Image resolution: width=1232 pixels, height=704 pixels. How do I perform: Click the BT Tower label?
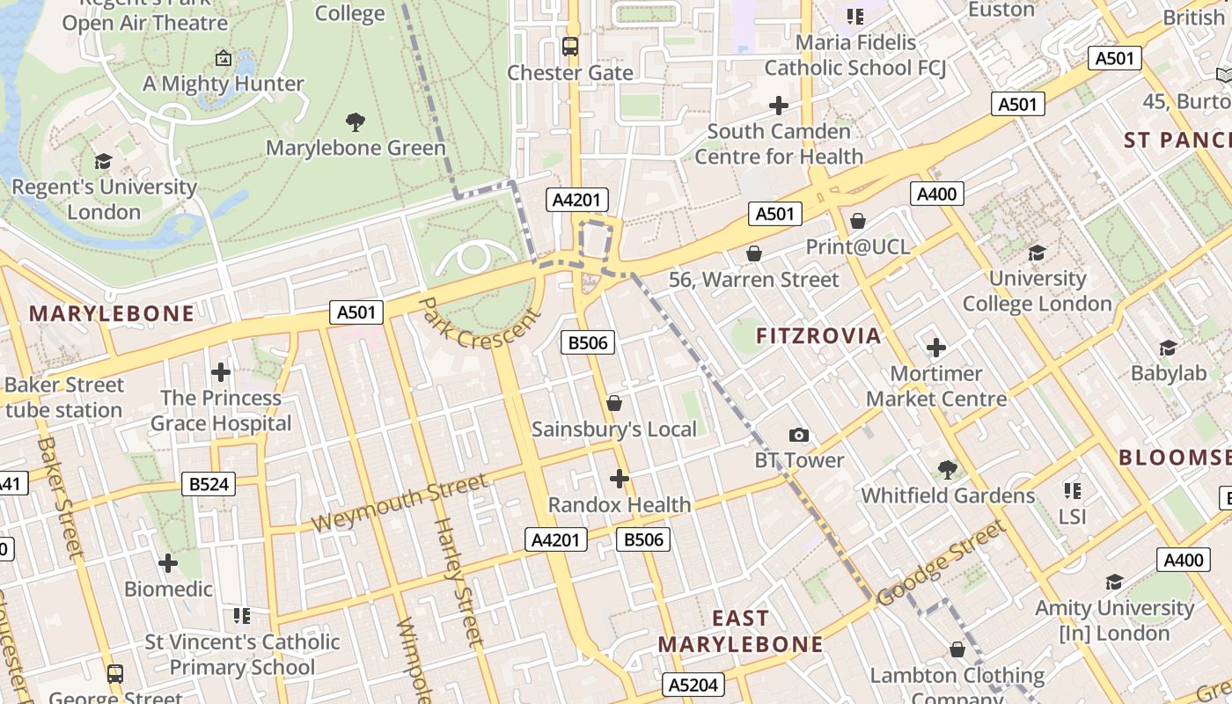coord(799,460)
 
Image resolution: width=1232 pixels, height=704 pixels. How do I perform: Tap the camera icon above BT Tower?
coord(799,435)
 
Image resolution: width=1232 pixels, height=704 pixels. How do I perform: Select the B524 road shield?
coord(209,483)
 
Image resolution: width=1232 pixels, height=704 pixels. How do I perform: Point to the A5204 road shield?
coord(693,685)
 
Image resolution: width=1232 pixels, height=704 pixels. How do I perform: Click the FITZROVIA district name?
coord(818,335)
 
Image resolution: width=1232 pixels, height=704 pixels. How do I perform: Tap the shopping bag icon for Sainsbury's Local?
coord(614,403)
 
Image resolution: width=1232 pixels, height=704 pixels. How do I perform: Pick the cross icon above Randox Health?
coord(620,479)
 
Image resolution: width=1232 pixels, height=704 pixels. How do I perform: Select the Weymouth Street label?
coord(399,502)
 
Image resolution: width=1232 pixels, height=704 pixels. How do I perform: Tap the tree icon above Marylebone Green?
coord(356,121)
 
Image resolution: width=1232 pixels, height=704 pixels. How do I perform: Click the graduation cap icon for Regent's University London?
coord(104,161)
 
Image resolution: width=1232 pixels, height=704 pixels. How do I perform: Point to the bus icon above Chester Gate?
coord(570,47)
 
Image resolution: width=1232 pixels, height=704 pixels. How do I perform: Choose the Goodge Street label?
coord(941,563)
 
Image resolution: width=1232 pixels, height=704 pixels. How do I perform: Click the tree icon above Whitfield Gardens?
coord(948,469)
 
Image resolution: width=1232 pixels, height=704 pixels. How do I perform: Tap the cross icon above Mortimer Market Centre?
coord(936,348)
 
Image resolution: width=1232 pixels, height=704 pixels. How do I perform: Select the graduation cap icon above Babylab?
coord(1169,348)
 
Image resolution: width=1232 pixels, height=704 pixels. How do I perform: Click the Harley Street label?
coord(459,582)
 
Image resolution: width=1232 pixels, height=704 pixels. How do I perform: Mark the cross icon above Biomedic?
coord(168,563)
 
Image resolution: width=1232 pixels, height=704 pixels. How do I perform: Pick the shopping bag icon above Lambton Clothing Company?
coord(957,649)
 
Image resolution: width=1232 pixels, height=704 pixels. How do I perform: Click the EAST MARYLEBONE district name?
coord(740,631)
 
